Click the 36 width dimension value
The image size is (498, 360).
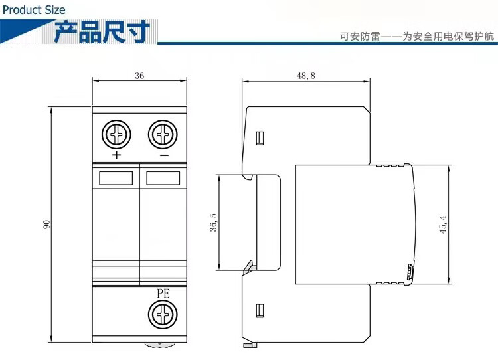click(139, 76)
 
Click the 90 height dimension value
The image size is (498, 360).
click(47, 225)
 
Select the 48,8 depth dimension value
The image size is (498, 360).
click(306, 76)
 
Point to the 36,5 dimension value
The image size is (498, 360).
click(213, 223)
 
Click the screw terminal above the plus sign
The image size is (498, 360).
click(117, 135)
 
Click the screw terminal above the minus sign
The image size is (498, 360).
click(163, 135)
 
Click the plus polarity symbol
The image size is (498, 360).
click(117, 155)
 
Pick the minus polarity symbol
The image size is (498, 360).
click(163, 155)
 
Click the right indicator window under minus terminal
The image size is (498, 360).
click(163, 177)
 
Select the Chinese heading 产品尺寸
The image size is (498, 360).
click(102, 31)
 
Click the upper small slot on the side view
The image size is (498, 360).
click(260, 138)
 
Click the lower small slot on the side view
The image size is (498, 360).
click(260, 310)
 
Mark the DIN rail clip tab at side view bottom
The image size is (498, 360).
click(250, 345)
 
